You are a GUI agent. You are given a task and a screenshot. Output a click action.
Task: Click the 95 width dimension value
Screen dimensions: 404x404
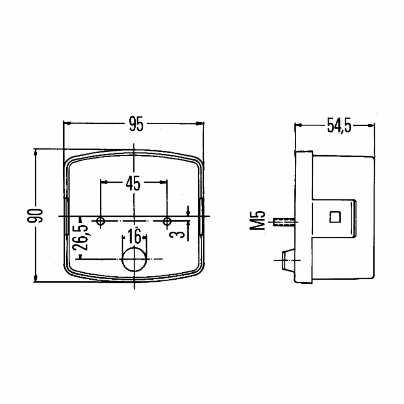click(136, 124)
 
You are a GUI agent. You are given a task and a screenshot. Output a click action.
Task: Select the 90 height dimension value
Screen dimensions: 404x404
click(35, 216)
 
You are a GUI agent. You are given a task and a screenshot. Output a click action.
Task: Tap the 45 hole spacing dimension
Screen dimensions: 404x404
click(133, 183)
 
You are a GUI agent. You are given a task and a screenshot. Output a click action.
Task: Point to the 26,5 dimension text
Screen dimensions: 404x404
click(80, 237)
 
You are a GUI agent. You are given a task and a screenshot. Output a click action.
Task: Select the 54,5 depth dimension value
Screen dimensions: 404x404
click(339, 125)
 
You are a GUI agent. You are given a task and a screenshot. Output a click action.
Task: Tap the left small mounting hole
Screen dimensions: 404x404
click(100, 221)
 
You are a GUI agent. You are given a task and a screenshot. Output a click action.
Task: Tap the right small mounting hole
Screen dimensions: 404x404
click(167, 221)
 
